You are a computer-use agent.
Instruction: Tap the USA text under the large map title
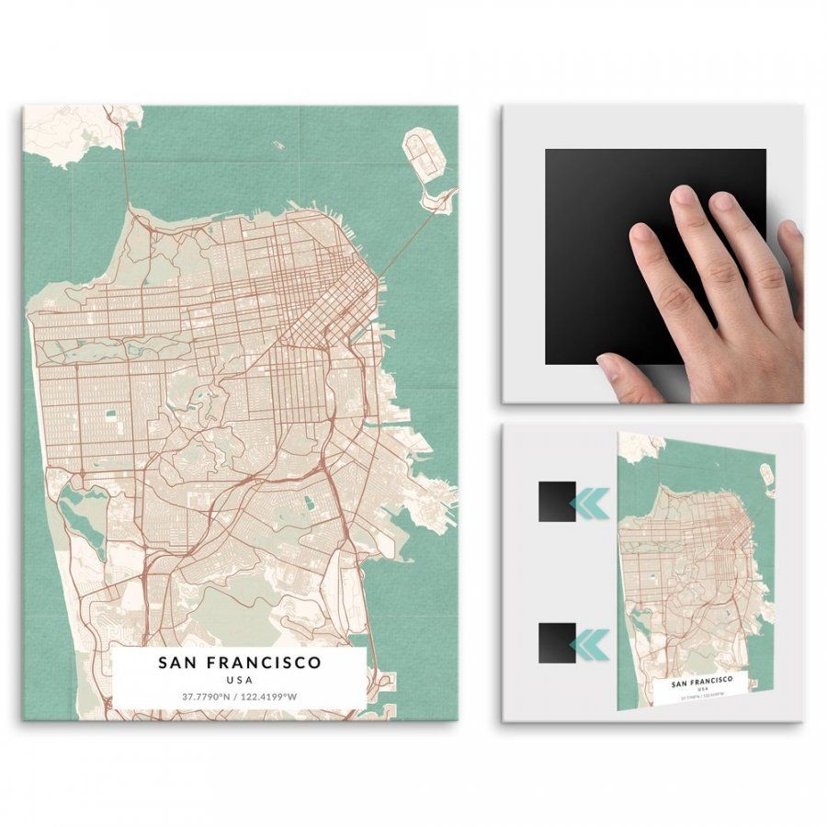pyautogui.click(x=239, y=680)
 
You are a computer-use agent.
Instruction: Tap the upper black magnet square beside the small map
pyautogui.click(x=557, y=502)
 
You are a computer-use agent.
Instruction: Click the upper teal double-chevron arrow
pyautogui.click(x=588, y=502)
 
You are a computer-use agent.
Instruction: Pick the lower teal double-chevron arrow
pyautogui.click(x=588, y=642)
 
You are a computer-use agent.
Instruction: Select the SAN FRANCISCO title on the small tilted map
pyautogui.click(x=703, y=681)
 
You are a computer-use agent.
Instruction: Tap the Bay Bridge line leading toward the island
pyautogui.click(x=404, y=239)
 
